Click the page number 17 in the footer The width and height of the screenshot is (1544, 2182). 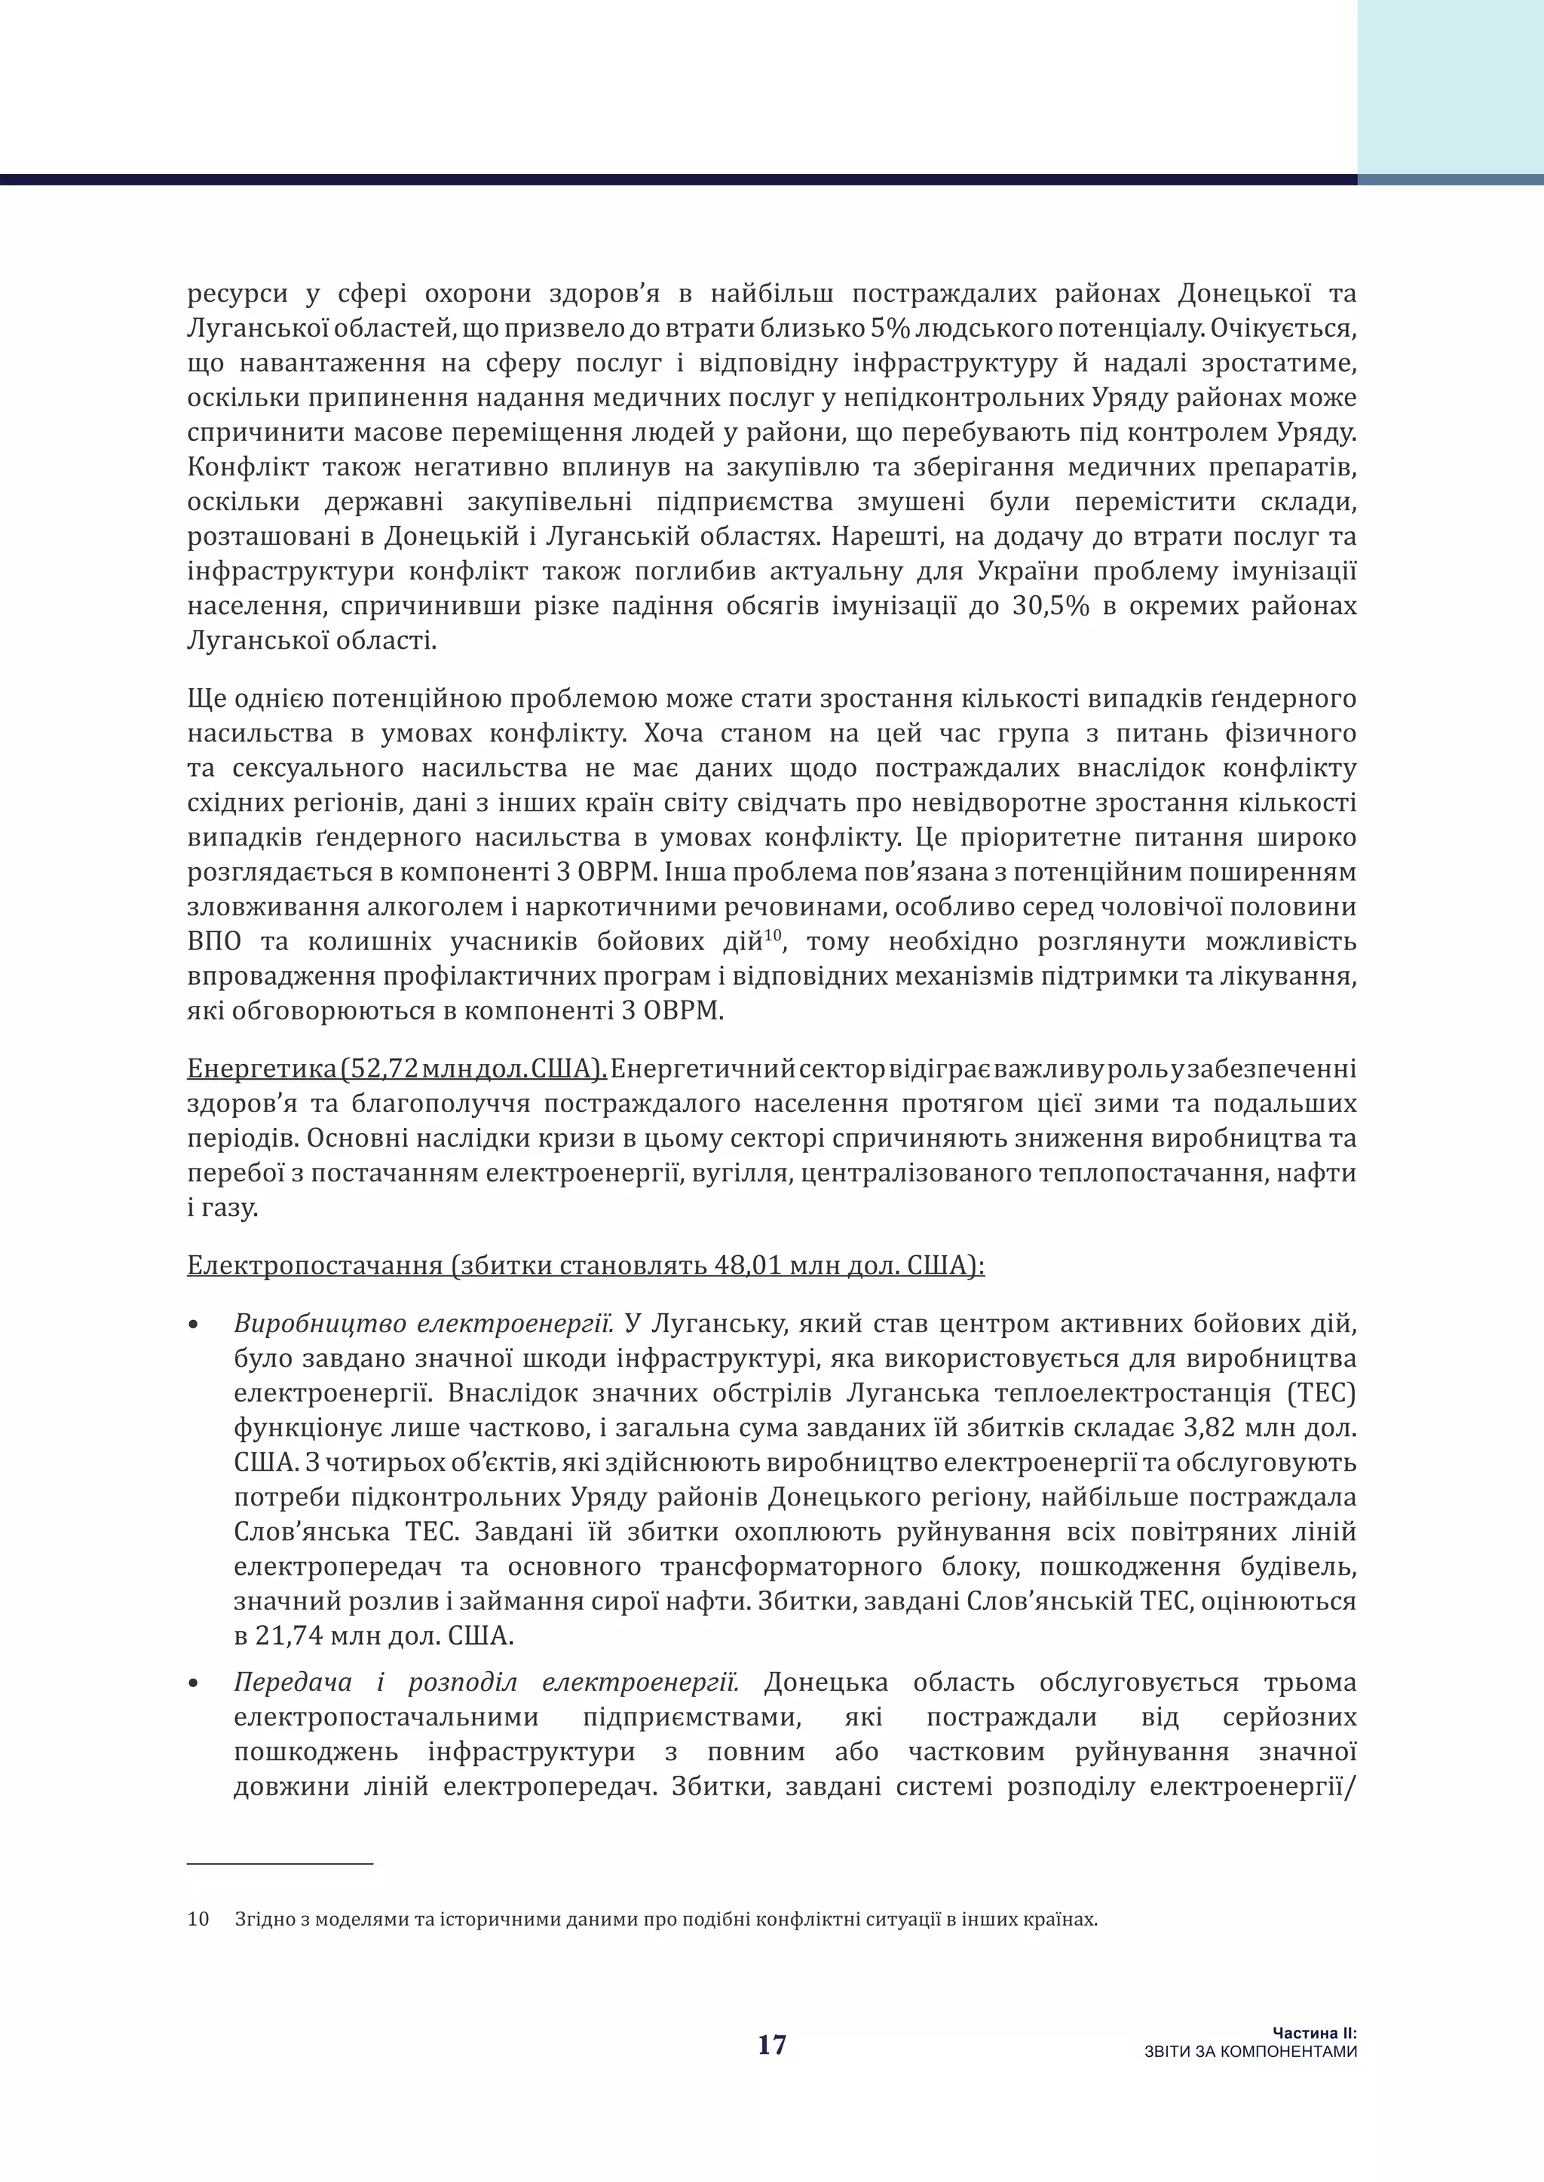[x=772, y=2045]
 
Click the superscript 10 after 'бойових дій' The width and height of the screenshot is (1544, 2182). [x=772, y=935]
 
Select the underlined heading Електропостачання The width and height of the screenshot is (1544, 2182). [x=314, y=1266]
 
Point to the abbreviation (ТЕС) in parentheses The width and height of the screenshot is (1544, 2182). [x=1322, y=1393]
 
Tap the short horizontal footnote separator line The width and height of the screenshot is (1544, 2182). [x=280, y=1863]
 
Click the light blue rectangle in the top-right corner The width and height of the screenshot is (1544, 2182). [x=1450, y=86]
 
